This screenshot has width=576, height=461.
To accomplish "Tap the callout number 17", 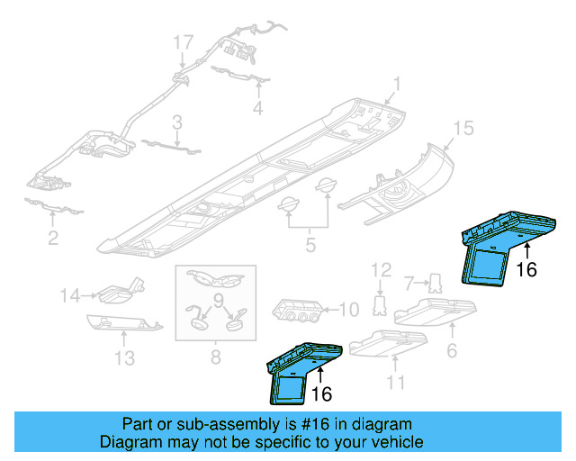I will click(183, 42).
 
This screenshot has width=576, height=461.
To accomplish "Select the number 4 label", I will click(257, 109).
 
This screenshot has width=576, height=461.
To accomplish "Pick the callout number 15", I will click(462, 130).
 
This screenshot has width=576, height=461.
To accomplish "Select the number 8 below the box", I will click(214, 358).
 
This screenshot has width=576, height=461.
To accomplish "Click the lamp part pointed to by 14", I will click(116, 292).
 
